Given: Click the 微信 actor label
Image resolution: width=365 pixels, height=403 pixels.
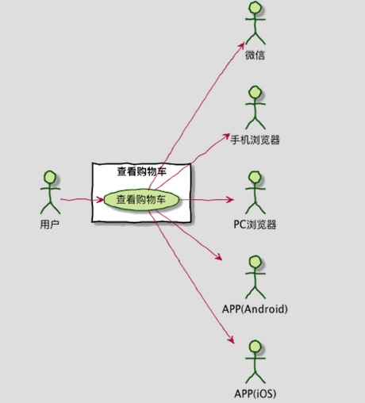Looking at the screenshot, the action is click(x=255, y=56).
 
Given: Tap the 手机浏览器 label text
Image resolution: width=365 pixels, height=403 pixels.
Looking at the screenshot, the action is click(x=255, y=140).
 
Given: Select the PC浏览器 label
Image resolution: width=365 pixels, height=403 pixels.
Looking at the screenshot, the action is click(x=255, y=225).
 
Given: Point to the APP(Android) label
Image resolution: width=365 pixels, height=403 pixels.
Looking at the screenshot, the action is click(x=255, y=309).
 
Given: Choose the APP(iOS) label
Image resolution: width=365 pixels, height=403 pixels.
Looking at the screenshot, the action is click(x=255, y=393).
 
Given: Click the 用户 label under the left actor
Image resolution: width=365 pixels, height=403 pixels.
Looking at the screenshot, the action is click(x=50, y=225).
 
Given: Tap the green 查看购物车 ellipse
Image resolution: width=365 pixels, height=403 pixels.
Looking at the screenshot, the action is click(x=142, y=200).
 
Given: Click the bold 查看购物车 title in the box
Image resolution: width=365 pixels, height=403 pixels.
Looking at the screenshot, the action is click(x=142, y=172).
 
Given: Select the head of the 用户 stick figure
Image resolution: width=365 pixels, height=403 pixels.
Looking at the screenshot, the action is click(x=50, y=177).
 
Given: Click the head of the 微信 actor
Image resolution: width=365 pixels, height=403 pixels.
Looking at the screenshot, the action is click(x=255, y=7).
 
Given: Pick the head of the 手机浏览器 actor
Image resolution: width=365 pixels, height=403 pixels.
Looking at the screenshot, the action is click(x=255, y=92).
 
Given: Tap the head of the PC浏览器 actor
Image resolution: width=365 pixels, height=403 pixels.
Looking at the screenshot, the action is click(x=255, y=177).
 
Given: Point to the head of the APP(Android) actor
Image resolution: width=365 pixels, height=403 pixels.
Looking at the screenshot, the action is click(x=255, y=262).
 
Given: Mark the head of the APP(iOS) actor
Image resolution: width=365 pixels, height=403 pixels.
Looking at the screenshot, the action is click(x=255, y=347).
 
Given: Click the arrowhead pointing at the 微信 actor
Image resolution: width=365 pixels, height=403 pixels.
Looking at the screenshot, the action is click(x=241, y=45).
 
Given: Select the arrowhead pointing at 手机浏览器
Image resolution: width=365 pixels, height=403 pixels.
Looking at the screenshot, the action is click(x=226, y=136).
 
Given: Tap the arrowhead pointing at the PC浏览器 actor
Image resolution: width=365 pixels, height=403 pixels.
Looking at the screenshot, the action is click(x=229, y=199).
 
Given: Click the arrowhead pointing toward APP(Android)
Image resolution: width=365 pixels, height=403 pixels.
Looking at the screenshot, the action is click(x=219, y=257).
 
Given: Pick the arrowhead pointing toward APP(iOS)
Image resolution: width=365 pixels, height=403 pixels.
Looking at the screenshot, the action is click(x=231, y=340).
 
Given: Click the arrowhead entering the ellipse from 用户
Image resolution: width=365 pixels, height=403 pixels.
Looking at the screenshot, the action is click(x=100, y=200).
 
